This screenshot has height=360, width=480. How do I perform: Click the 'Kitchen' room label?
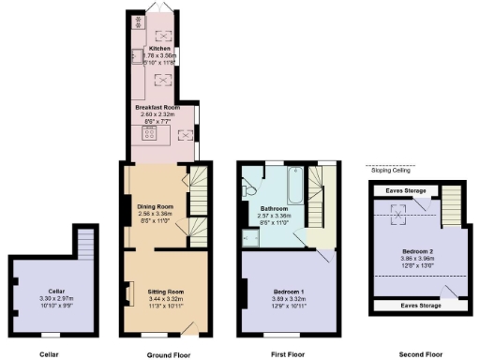[x=159, y=48]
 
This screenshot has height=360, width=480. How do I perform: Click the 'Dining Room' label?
[x=157, y=206]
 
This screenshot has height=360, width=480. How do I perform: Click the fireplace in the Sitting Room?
[x=128, y=293]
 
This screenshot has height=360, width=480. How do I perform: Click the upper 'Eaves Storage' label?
[x=403, y=191]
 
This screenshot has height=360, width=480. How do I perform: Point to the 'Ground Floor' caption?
[x=170, y=354]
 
